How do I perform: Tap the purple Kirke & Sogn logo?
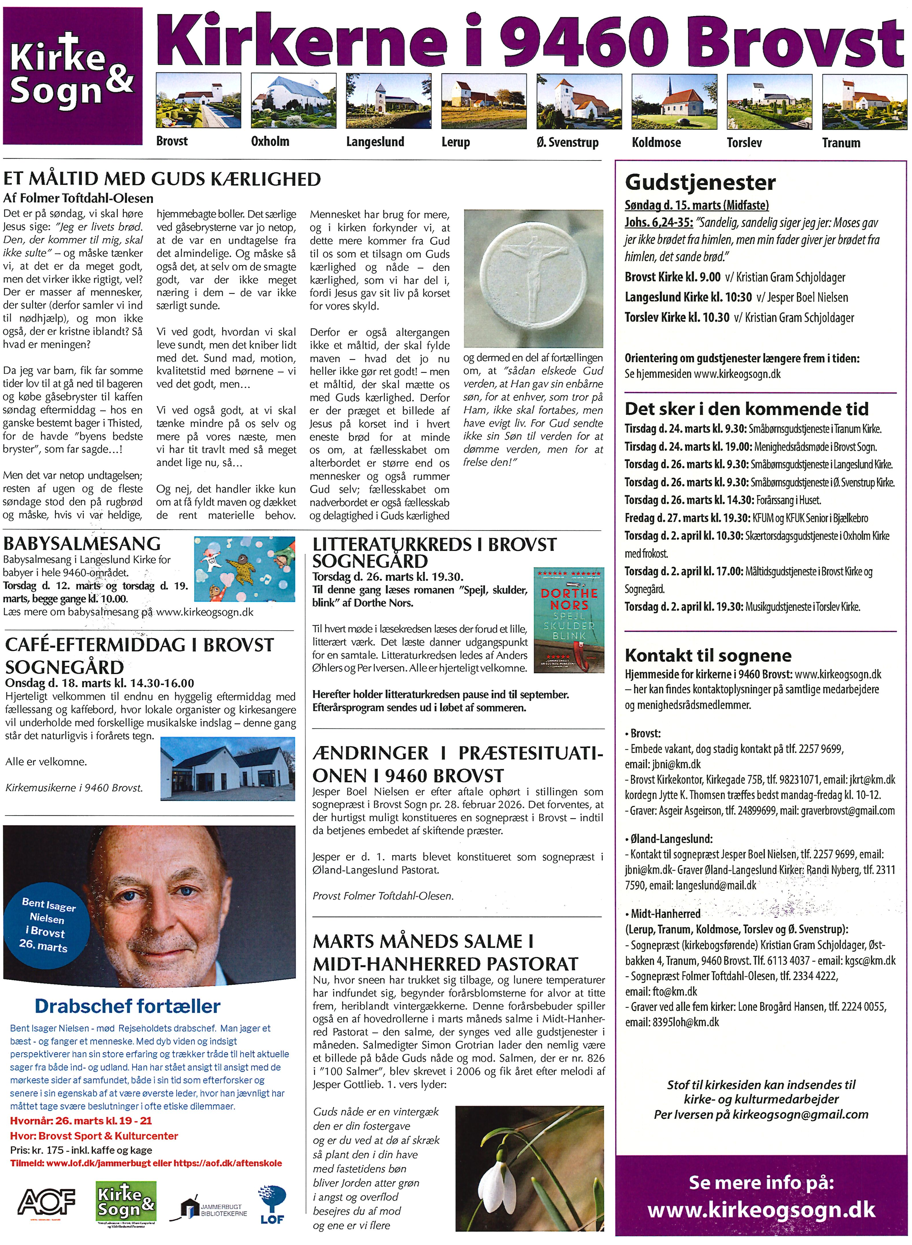[x=72, y=75]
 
